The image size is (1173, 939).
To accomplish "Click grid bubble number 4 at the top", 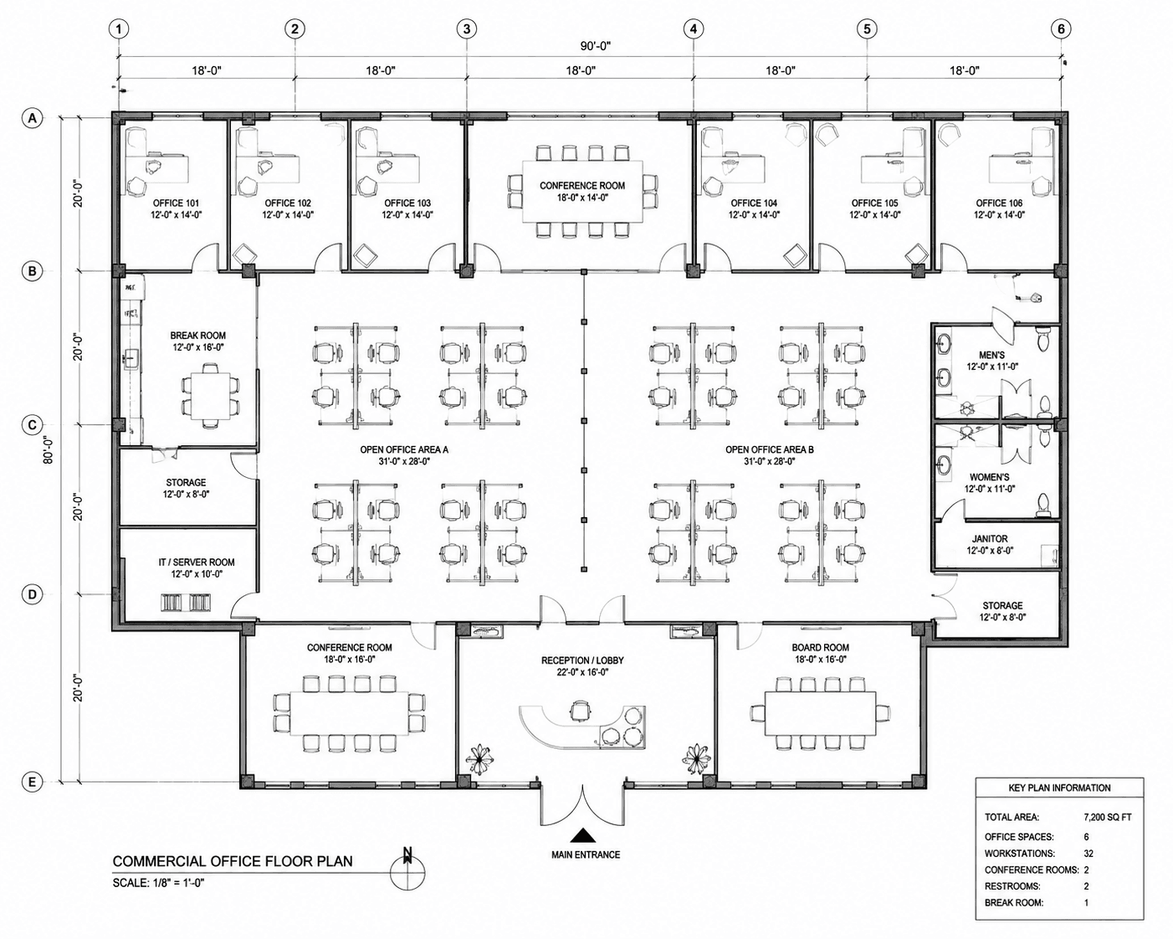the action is pyautogui.click(x=693, y=29).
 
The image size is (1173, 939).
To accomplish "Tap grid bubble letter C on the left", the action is pyautogui.click(x=32, y=425).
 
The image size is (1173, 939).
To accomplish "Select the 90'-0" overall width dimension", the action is pyautogui.click(x=595, y=46).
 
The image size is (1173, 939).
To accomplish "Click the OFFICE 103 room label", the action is pyautogui.click(x=407, y=203).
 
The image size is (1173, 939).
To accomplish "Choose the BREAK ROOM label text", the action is pyautogui.click(x=197, y=336).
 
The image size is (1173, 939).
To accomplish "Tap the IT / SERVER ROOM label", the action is pyautogui.click(x=197, y=562).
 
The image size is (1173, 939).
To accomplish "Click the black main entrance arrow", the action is pyautogui.click(x=584, y=835).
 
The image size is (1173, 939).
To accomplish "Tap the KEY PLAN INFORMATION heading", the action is pyautogui.click(x=1059, y=788).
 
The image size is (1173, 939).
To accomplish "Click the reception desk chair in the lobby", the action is pyautogui.click(x=580, y=711).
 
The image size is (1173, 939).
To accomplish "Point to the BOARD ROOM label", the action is pyautogui.click(x=820, y=647).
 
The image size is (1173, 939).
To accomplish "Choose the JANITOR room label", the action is pyautogui.click(x=990, y=538).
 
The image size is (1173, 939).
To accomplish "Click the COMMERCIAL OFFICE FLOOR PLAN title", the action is pyautogui.click(x=233, y=861).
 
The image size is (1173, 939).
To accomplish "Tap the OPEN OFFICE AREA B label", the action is pyautogui.click(x=769, y=449).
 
